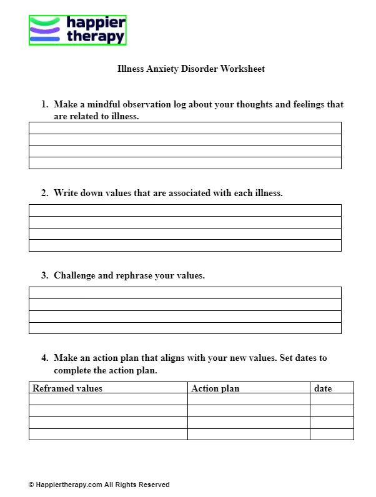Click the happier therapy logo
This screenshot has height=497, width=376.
(x=77, y=30)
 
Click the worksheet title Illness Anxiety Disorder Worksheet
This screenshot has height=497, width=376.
(x=191, y=69)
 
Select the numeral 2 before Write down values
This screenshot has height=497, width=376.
(x=44, y=193)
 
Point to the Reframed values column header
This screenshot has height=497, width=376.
(x=67, y=388)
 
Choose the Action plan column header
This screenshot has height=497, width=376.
(x=215, y=388)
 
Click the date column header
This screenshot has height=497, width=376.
(x=323, y=388)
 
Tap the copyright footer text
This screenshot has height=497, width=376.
(x=99, y=485)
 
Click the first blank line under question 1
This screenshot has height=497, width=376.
(x=185, y=128)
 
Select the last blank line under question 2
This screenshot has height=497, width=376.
(x=185, y=245)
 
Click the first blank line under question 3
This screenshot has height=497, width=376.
(x=185, y=293)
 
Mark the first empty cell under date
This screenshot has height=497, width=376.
(x=332, y=399)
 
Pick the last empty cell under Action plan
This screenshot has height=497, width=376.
(x=249, y=434)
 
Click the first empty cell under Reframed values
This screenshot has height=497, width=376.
(x=108, y=399)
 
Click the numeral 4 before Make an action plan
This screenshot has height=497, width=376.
(x=44, y=358)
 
